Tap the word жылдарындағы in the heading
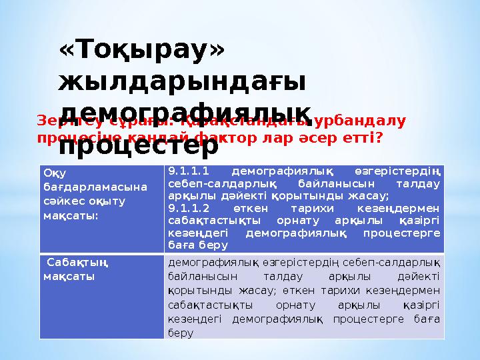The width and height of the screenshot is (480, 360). pos(182,81)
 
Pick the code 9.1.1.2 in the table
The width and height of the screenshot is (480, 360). pos(189,207)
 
